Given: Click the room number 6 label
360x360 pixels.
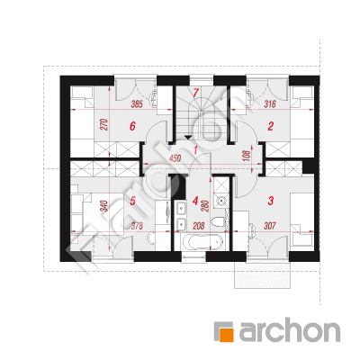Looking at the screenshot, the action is (x=132, y=126).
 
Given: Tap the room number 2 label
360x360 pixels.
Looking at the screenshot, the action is (x=270, y=126).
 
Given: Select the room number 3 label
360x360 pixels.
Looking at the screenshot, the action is (x=271, y=201).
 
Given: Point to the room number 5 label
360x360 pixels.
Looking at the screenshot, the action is (x=133, y=201).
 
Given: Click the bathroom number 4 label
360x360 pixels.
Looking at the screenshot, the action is (x=195, y=201).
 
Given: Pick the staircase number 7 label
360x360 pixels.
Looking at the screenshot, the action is (x=195, y=93).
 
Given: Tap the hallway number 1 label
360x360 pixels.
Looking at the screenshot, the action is (x=195, y=149).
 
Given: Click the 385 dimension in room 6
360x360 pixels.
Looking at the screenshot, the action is (x=137, y=104).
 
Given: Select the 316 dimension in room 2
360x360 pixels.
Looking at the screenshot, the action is (x=270, y=104).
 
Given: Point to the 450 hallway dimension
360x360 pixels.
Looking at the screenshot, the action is (x=175, y=158).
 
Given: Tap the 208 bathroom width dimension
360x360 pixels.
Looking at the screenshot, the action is (x=198, y=226).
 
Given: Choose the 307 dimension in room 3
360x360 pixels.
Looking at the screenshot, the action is (x=270, y=226).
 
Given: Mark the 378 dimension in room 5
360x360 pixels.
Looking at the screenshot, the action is (x=137, y=226).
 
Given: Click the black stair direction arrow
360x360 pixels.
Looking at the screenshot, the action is (x=187, y=138).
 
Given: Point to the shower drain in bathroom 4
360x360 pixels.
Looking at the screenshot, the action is (x=221, y=201).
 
